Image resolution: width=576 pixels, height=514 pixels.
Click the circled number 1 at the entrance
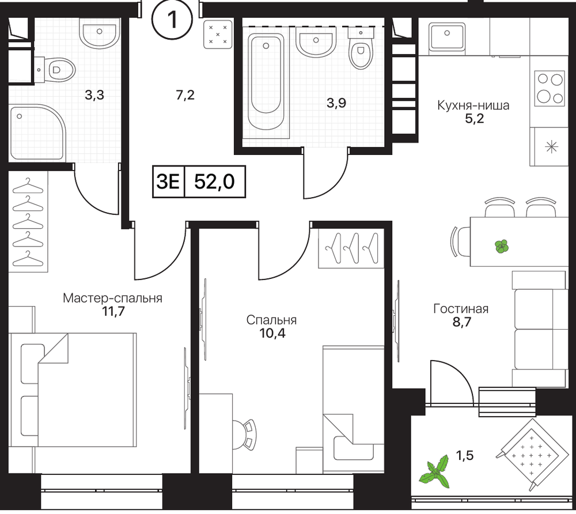tap(172, 20)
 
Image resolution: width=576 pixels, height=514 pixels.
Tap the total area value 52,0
tap(214, 182)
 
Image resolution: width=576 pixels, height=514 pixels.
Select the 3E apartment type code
tap(168, 182)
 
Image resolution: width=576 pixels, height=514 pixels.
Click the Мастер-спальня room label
tap(112, 298)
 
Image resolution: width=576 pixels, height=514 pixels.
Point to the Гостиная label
tap(461, 309)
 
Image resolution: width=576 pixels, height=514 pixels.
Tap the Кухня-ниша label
tap(473, 106)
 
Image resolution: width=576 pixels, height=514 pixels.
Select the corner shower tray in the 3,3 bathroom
tap(37, 133)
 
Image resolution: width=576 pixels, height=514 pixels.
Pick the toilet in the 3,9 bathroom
tap(361, 50)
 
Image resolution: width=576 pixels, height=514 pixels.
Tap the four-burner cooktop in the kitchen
tap(549, 89)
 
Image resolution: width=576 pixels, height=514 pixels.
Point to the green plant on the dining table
tap(501, 246)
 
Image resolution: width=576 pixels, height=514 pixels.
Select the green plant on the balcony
tap(435, 473)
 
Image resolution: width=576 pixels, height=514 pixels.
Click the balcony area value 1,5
tap(465, 456)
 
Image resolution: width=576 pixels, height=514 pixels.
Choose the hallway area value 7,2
tap(185, 96)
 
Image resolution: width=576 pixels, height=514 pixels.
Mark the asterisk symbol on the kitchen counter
tap(551, 148)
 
